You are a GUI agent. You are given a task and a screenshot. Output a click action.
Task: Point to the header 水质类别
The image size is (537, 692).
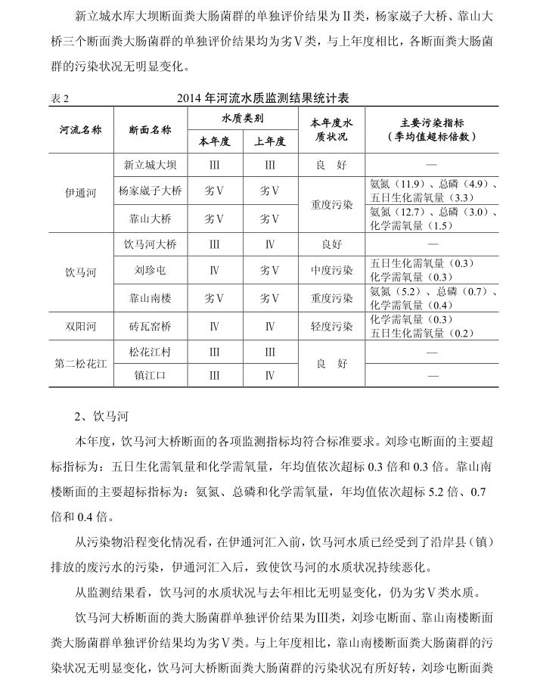tap(242, 119)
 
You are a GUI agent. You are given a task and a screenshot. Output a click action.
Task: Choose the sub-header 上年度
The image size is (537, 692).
tap(270, 141)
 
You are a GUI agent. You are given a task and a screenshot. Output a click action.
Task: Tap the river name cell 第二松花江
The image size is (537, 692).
tap(81, 363)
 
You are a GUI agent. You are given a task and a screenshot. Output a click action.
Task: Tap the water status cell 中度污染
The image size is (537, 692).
tap(332, 270)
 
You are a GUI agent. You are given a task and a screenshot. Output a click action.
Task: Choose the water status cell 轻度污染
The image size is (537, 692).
tap(332, 326)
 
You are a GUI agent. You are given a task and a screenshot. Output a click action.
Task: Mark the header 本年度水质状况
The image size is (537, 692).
tap(332, 129)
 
